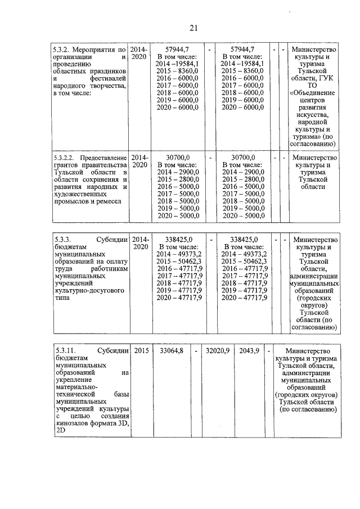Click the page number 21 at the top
click(194, 28)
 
